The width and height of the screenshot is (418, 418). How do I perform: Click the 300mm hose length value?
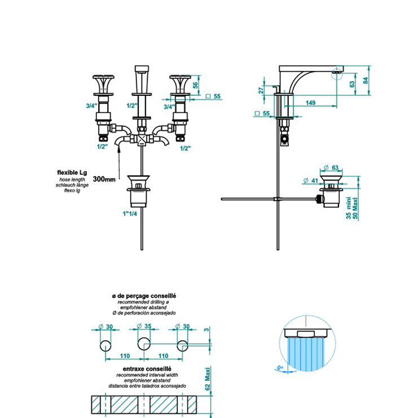tap(104, 179)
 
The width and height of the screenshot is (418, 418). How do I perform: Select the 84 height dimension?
tap(366, 80)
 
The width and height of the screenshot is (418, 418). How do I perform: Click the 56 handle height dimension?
tap(196, 85)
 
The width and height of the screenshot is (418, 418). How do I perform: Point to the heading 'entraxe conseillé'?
tap(144, 368)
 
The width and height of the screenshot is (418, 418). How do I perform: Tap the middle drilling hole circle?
tap(144, 345)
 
